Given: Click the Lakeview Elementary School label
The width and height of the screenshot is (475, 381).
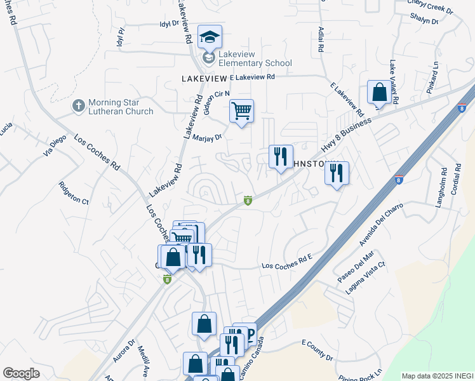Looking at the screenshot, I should point(255,59).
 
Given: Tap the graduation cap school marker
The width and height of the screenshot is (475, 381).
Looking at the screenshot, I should point(209,37).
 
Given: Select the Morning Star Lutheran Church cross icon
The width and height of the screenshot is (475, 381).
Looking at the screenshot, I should point(79,105).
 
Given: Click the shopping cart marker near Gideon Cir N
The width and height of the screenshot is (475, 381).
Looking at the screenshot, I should point(241,111).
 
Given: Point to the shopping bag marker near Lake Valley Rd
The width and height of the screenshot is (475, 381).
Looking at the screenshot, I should point(379,92).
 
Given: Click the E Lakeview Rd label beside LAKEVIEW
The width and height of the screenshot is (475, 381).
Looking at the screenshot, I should point(252,77).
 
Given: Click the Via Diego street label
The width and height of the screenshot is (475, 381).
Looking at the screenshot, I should point(54,148).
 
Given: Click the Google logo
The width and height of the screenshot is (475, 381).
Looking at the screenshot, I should point(21,373).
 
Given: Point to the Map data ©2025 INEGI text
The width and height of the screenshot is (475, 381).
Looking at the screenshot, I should point(438,376).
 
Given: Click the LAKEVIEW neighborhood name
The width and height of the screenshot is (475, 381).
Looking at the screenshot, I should point(204,78).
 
